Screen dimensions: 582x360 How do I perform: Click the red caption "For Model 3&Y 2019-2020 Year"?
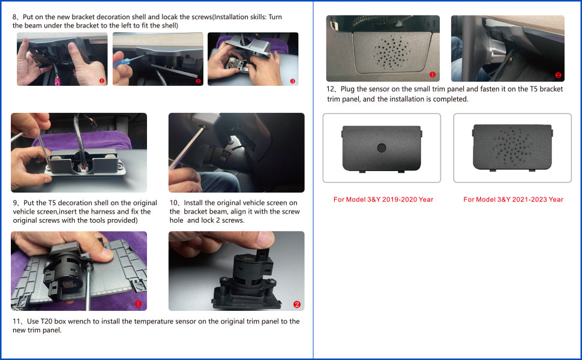coord(383,199)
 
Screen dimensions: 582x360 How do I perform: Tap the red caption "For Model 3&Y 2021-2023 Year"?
coord(513,199)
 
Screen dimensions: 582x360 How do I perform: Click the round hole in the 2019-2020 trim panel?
coord(382,148)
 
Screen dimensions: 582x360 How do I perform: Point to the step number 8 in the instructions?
coord(14,17)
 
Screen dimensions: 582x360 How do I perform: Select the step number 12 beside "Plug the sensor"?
coord(331,89)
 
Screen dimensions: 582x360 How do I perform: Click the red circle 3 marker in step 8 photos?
coord(292,81)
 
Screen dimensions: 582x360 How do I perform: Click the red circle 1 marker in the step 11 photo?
coord(138,304)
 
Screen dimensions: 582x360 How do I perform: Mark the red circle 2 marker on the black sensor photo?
coord(297,304)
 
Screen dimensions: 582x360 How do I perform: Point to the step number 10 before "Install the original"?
coord(174,203)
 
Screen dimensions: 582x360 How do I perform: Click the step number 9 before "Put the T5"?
coord(15,203)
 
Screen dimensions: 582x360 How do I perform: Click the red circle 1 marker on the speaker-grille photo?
coord(432,74)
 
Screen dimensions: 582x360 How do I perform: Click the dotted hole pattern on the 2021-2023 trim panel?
coord(512,146)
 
